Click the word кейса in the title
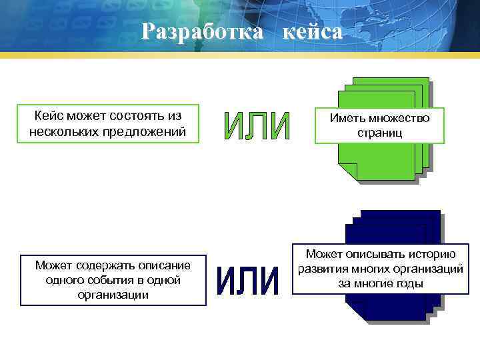tap(312, 31)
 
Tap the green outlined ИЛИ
tap(257, 127)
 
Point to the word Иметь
tap(347, 118)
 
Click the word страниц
tap(379, 133)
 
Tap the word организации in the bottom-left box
tap(113, 294)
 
